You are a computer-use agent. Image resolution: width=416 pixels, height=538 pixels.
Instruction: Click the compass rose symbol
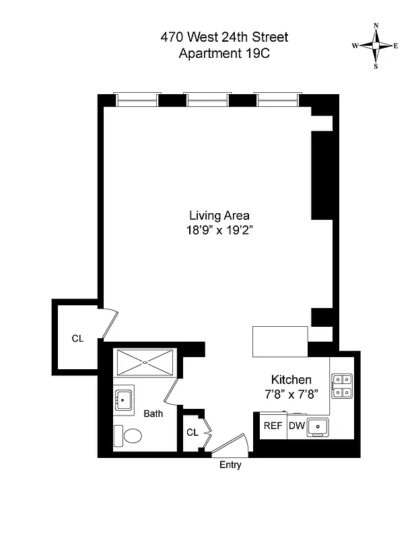375,46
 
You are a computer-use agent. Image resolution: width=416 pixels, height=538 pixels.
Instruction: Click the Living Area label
219,216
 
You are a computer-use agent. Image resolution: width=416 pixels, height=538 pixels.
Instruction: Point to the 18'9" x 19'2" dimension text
219,230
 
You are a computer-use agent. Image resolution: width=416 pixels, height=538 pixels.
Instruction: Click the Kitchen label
291,379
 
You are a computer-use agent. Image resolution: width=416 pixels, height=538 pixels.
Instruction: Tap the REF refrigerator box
273,426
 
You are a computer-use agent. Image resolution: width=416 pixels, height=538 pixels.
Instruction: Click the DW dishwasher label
296,426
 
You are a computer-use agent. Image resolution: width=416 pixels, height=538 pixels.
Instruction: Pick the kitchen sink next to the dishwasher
317,426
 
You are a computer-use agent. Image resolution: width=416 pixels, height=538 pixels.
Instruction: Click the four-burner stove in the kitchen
342,385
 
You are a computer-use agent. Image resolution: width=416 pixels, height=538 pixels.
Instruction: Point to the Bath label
153,414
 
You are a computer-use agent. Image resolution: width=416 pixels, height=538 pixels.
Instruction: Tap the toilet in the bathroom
128,436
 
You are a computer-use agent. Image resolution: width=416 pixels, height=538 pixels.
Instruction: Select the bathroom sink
123,400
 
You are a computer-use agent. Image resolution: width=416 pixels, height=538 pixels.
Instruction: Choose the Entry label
230,465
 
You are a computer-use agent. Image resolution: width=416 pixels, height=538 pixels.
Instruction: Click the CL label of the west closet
77,338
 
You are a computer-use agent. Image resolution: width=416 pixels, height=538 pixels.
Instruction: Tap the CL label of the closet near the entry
193,432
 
